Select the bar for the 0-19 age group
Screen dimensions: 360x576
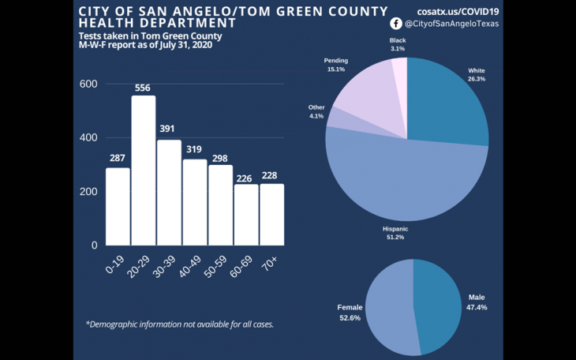[118, 206]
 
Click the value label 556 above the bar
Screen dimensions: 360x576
[144, 88]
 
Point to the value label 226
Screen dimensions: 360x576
[246, 177]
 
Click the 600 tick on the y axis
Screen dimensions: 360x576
[88, 84]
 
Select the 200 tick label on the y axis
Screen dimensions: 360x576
[88, 192]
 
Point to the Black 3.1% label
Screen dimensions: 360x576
[398, 44]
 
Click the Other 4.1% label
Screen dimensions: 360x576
[316, 111]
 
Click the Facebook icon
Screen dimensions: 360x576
[396, 24]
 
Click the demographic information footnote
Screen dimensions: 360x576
[179, 324]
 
